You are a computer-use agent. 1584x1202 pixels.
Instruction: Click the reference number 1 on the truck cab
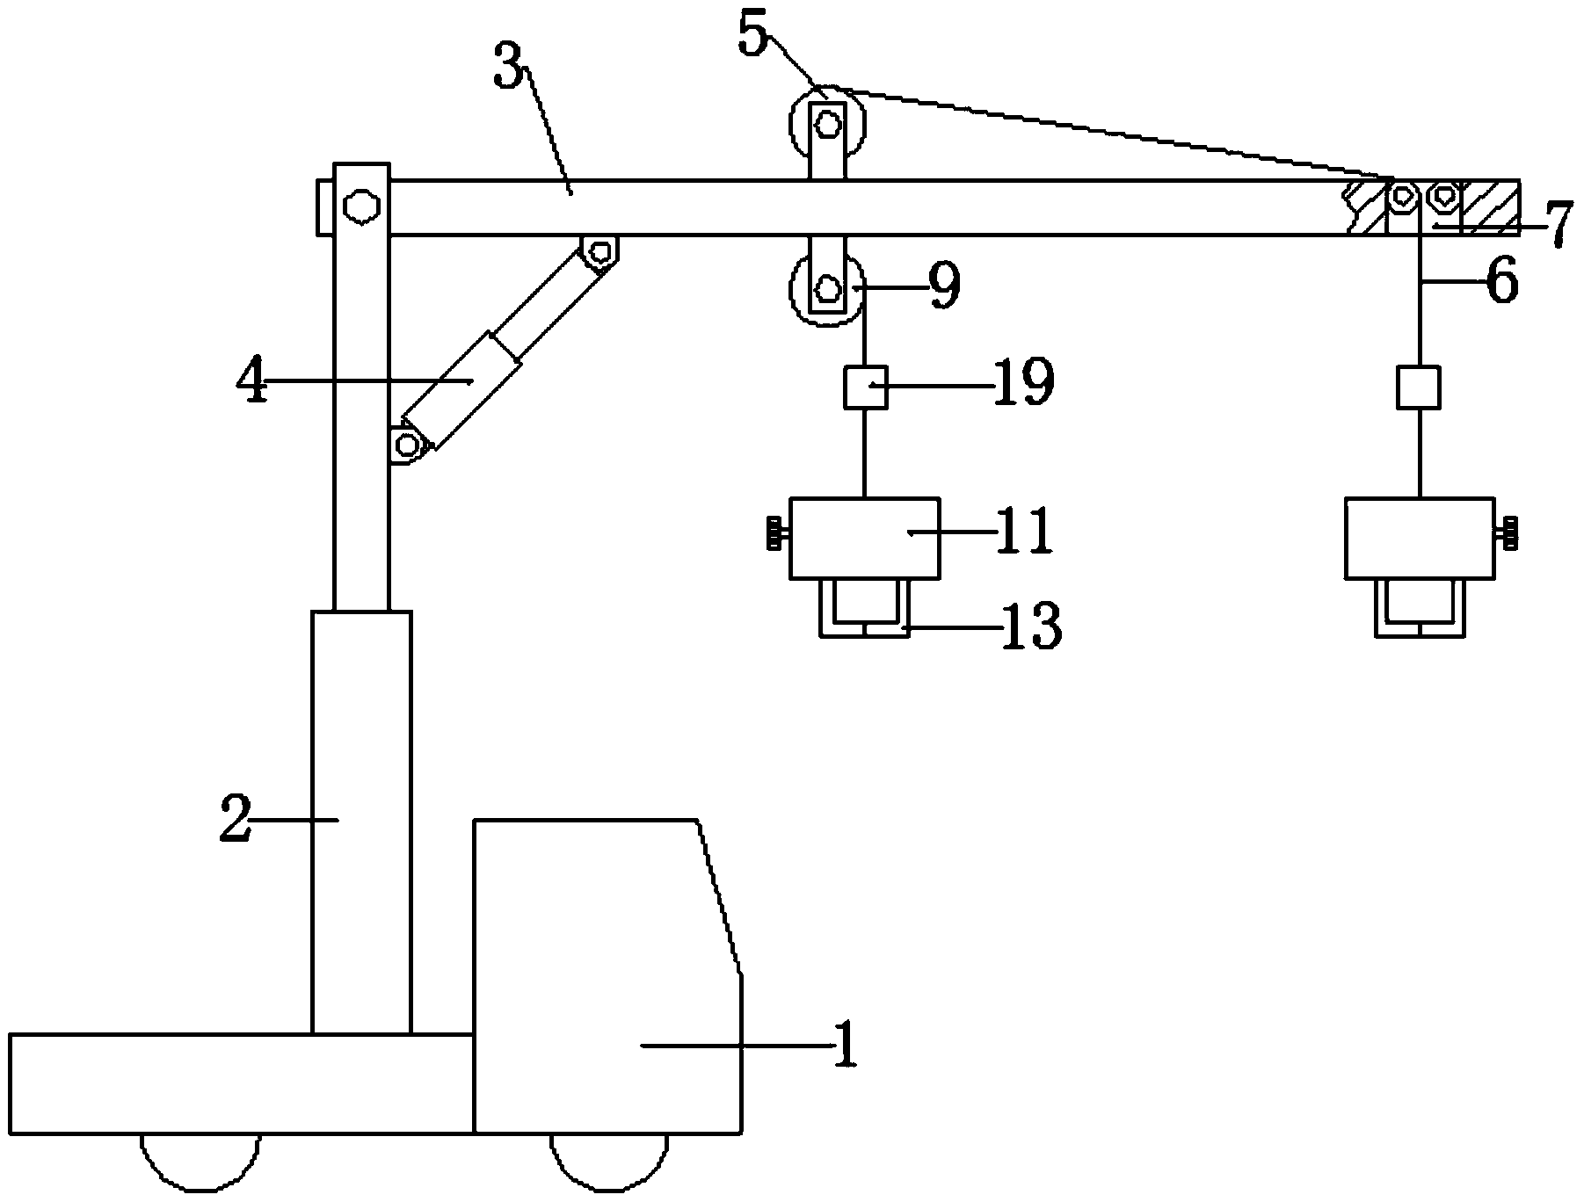click(845, 1045)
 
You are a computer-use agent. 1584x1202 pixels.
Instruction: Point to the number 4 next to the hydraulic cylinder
click(254, 380)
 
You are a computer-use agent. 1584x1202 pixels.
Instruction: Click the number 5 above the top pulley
click(752, 35)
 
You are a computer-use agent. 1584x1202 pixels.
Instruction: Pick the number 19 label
click(1024, 383)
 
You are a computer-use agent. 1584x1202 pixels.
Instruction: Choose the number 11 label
click(1024, 531)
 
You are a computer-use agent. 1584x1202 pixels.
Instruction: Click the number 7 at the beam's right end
click(1558, 226)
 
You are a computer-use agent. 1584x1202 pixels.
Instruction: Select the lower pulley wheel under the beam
click(826, 289)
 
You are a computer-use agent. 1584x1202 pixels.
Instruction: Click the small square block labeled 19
click(865, 387)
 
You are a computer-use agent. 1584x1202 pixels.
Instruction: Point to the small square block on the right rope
click(1418, 387)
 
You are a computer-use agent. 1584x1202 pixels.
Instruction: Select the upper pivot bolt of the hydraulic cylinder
click(601, 252)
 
